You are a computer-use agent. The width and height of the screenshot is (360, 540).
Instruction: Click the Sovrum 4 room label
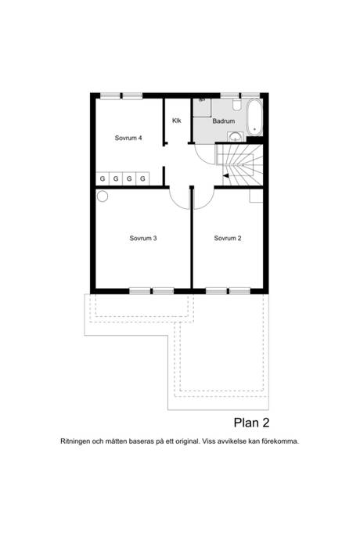(x=128, y=138)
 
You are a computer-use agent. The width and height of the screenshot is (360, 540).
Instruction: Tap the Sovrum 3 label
(x=143, y=238)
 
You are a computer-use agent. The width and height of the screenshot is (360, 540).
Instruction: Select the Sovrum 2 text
(x=228, y=238)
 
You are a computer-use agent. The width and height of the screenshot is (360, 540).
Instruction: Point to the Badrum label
(x=224, y=121)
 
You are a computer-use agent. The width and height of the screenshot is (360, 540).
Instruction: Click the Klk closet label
(x=177, y=121)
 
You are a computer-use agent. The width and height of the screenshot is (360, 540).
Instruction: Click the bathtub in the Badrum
(x=255, y=117)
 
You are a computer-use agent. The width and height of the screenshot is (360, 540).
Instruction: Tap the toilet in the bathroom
(x=236, y=105)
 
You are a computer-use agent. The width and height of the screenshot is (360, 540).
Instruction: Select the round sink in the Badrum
(x=236, y=137)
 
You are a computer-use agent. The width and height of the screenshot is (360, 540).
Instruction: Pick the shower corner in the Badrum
(x=202, y=108)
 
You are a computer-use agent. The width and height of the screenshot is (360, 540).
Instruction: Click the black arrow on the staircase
(x=225, y=175)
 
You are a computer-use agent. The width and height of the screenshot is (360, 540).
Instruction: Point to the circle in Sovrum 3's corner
(x=103, y=196)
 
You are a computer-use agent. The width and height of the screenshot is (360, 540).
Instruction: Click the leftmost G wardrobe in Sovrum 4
(x=103, y=178)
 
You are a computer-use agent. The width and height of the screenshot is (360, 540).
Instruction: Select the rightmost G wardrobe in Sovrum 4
(x=142, y=178)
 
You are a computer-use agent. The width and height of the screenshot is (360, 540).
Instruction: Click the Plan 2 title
(x=251, y=423)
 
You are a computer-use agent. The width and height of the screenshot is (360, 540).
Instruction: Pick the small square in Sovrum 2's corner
(x=256, y=196)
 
